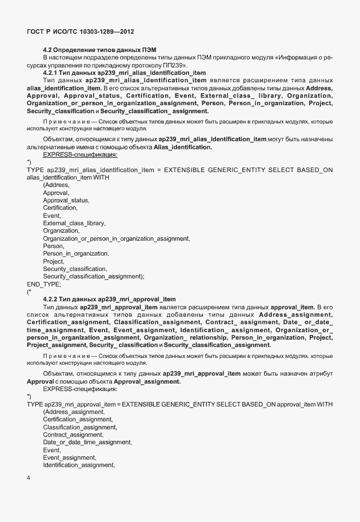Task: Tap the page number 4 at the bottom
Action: [29, 478]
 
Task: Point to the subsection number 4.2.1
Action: [52, 73]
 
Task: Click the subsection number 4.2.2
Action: [52, 299]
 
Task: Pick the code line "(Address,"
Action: [56, 185]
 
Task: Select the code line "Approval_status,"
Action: [66, 200]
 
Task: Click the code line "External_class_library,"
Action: [75, 223]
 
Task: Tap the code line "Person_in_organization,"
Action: [75, 253]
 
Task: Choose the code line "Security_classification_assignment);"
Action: [93, 276]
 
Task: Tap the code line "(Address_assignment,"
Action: [74, 412]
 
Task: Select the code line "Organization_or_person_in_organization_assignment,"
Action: [117, 238]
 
